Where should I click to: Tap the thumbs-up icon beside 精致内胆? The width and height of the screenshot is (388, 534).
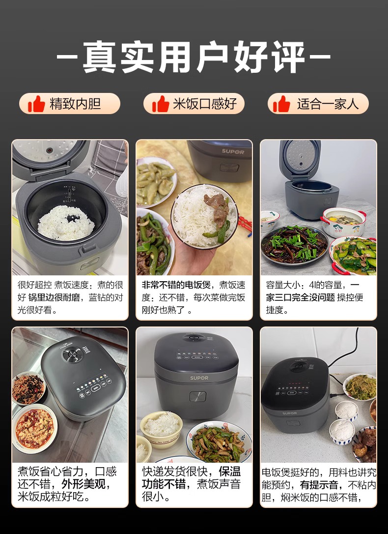coord(36,104)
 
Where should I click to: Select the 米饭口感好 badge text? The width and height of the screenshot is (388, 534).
coord(205,104)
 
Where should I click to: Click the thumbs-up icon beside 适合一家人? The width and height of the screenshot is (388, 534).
coord(281,104)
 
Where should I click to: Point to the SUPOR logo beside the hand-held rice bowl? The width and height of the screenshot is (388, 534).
coord(233,151)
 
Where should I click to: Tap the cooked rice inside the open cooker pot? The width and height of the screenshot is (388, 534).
coord(66,223)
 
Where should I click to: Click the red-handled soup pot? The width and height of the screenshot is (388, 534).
coord(344,222)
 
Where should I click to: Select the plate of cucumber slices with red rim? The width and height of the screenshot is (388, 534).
coord(354,255)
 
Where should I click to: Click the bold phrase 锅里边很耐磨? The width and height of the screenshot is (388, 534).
coord(54,297)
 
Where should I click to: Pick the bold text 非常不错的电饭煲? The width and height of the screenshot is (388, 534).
coord(176,285)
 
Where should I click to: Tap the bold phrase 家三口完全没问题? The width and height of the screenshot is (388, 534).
coord(301,297)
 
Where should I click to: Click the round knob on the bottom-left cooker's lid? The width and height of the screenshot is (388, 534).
coord(72,355)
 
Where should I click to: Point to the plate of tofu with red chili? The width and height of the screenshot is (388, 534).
coord(35,428)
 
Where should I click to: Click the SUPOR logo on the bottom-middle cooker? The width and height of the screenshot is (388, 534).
coord(199,378)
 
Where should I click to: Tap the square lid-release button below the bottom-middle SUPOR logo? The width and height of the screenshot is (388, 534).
coord(197,396)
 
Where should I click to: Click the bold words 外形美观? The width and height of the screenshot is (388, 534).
coord(83,484)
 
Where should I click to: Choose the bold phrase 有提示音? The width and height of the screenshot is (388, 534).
coord(319,485)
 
